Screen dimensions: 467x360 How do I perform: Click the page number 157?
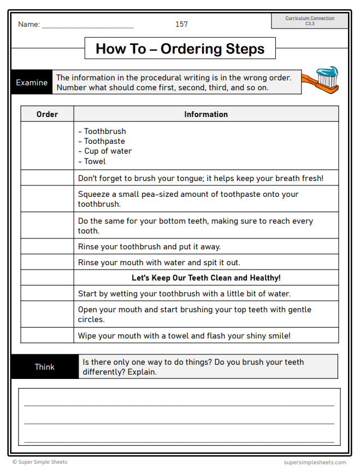point(181,24)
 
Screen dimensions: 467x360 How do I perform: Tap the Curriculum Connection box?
point(310,21)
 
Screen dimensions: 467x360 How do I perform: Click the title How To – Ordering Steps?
point(180,49)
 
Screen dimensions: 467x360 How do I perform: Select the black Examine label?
point(32,83)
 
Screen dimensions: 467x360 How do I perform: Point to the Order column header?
point(47,114)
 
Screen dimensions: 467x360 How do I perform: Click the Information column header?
point(206,114)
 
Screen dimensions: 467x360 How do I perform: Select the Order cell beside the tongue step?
point(47,178)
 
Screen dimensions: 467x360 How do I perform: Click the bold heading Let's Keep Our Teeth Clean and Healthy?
point(206,278)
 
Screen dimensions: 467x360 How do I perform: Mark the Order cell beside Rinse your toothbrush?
point(47,247)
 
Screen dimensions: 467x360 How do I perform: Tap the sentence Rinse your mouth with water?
point(159,262)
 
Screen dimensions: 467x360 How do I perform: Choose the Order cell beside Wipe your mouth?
point(47,336)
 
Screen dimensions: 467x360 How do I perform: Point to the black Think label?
point(44,367)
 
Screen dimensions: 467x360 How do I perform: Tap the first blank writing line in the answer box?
point(179,405)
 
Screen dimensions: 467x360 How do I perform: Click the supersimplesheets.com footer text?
point(315,462)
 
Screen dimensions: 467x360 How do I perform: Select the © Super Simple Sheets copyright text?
point(40,462)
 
